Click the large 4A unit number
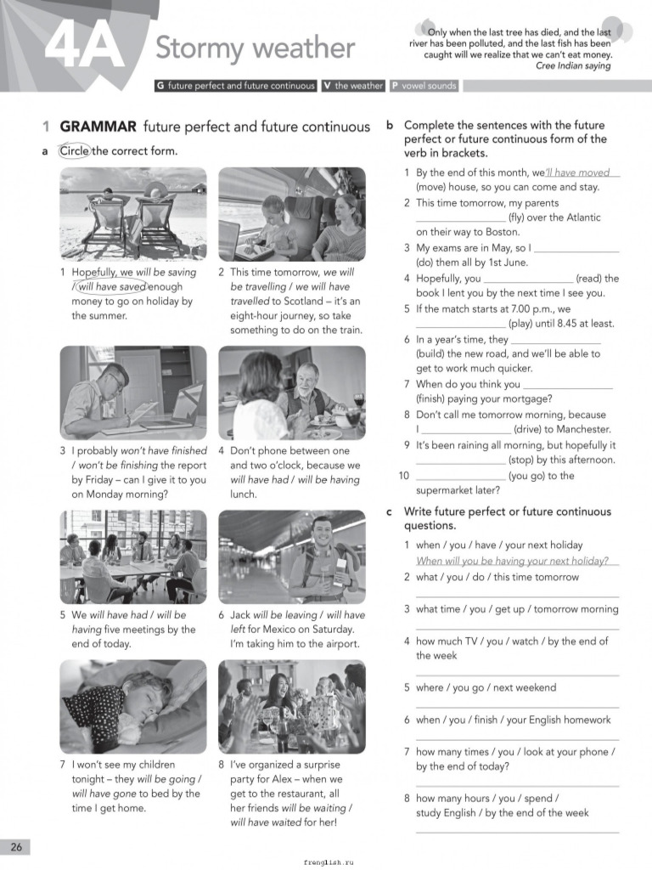(82, 47)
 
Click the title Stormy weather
(255, 48)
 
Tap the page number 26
(16, 846)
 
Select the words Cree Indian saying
(573, 65)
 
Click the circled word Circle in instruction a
(74, 151)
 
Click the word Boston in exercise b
(502, 232)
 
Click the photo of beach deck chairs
(133, 213)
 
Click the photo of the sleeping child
(133, 706)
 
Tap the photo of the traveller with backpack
(292, 556)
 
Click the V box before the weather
(326, 86)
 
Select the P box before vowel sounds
(395, 86)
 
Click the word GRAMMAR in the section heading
(98, 127)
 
